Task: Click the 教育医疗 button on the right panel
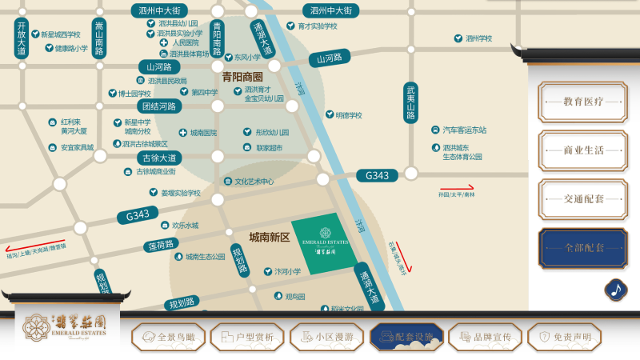[582, 102]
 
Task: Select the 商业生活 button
[582, 150]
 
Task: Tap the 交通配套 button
[582, 198]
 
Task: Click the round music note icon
[615, 290]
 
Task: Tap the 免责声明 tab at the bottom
[566, 338]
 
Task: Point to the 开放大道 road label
[22, 38]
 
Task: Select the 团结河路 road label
[158, 106]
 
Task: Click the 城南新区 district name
[270, 238]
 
